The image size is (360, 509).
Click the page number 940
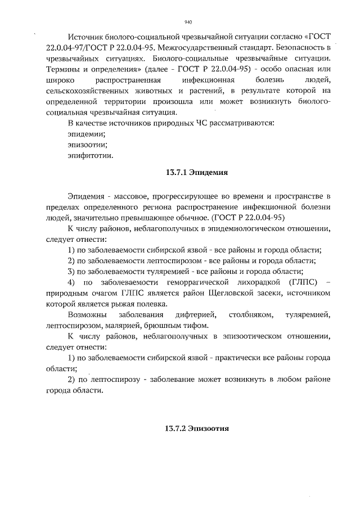pos(188,22)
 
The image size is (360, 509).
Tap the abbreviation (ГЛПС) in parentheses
pos(294,281)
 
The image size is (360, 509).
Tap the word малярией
pos(112,325)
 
